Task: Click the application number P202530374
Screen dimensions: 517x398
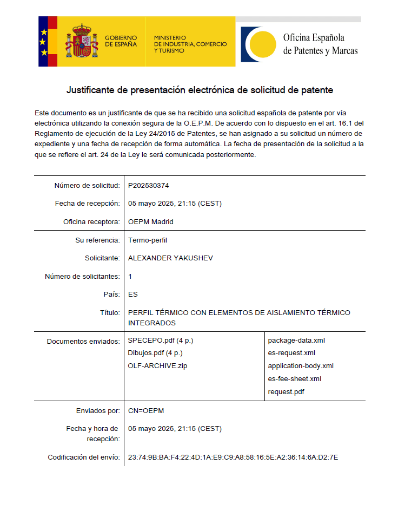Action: tap(148, 186)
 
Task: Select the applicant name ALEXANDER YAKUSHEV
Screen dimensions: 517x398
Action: tap(170, 258)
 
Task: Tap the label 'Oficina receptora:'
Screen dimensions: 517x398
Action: tap(91, 222)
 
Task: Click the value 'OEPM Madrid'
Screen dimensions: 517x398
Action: tap(150, 222)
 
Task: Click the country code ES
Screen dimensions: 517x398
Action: tap(133, 295)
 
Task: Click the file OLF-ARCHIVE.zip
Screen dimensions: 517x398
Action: tap(157, 366)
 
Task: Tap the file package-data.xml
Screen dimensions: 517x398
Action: tap(296, 341)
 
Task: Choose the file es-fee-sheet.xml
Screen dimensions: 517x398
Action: tap(295, 379)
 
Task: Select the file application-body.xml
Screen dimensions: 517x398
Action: tap(301, 366)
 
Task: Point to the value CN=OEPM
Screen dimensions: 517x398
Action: tap(145, 410)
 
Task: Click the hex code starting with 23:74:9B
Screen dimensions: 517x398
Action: tap(233, 457)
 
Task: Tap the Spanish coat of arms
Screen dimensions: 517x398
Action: tap(82, 42)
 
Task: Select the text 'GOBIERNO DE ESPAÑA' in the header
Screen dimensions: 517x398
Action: tap(121, 41)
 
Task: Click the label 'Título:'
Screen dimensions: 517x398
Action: tap(110, 313)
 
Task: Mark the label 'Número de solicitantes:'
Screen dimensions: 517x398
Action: tap(82, 277)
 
